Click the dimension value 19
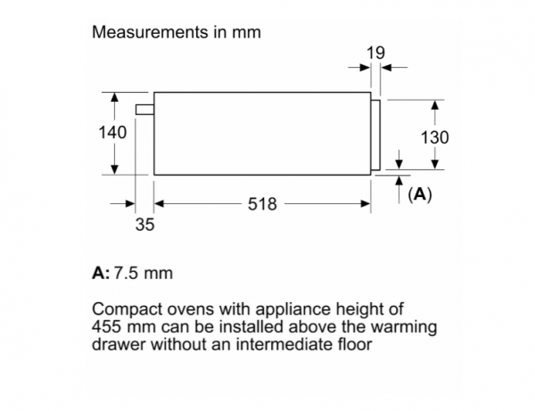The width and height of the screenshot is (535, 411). tap(375, 53)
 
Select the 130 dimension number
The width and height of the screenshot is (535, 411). tap(434, 137)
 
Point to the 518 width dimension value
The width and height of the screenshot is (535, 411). tap(262, 204)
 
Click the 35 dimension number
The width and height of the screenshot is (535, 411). tap(144, 225)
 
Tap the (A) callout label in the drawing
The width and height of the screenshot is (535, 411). tap(419, 193)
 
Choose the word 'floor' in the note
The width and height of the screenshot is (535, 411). tap(348, 343)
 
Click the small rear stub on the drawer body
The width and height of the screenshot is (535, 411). tap(144, 110)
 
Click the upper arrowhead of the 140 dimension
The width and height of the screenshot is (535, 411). tap(114, 96)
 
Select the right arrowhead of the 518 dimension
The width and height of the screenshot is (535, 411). tap(366, 204)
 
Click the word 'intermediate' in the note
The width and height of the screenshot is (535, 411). tap(280, 343)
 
